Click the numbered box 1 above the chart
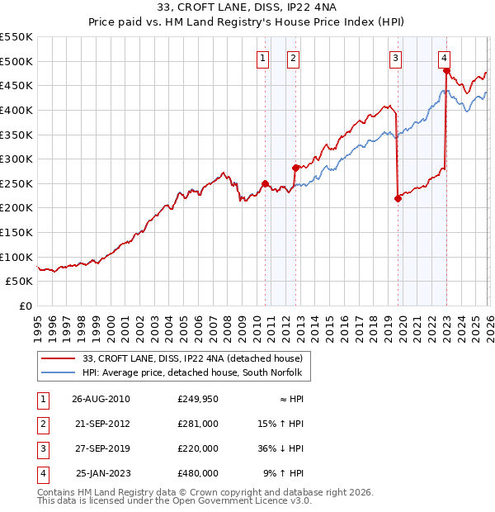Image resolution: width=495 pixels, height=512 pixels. pos(262,58)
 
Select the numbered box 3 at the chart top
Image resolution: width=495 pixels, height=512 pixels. pos(396,58)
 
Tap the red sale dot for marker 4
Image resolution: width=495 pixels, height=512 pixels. pos(446,71)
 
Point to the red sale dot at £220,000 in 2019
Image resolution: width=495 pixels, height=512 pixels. pos(398,198)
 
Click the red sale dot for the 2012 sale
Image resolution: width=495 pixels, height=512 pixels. pos(295,168)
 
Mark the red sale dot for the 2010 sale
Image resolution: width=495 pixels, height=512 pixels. pos(265,183)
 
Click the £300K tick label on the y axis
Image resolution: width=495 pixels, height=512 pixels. pos(16,159)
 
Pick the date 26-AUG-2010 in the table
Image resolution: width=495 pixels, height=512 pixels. pos(101,399)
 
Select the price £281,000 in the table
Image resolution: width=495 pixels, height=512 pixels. pos(198,424)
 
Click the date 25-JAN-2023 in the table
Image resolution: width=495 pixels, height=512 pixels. pos(102,473)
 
